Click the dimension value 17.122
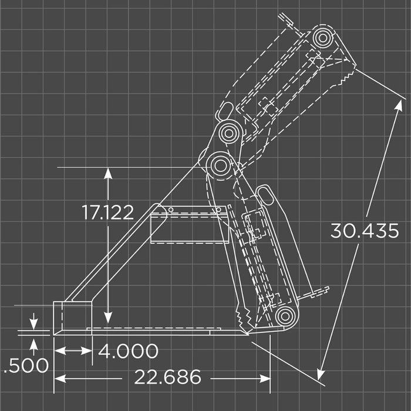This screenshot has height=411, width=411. (108, 213)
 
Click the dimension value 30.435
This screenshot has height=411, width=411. (364, 230)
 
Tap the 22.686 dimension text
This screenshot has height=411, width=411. (168, 377)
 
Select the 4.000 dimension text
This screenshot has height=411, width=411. (128, 351)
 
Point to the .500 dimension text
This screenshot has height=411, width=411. (26, 366)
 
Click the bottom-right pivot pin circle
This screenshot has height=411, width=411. (285, 316)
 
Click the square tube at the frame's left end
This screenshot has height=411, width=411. (72, 317)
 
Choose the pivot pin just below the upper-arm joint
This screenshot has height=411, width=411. (220, 164)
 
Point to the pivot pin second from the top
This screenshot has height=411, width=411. (230, 132)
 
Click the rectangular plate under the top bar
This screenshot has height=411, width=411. (189, 229)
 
